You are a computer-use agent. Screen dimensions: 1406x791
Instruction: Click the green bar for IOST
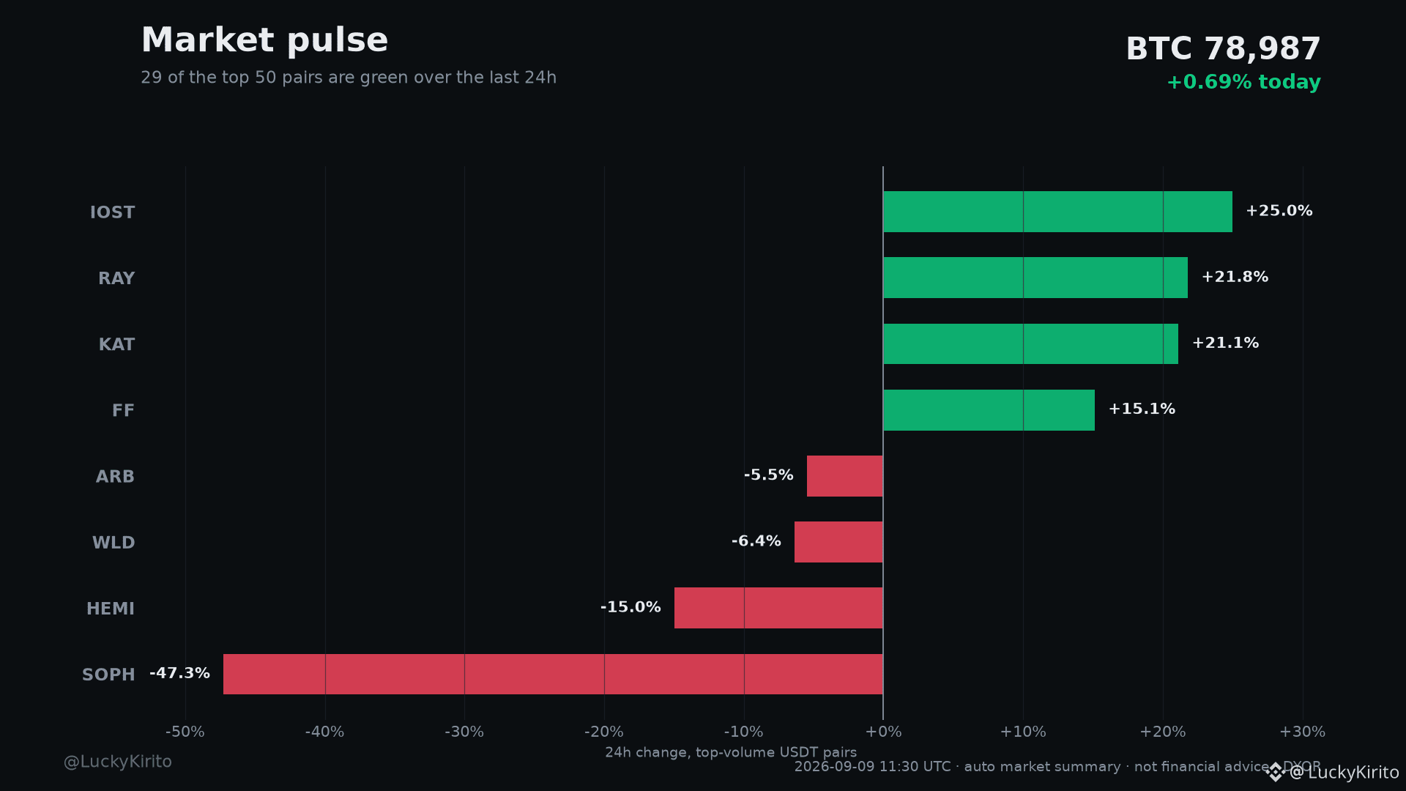pos(1057,212)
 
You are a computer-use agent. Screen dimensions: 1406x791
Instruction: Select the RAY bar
pos(1035,278)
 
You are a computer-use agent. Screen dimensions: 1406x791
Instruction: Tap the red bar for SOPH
pos(553,674)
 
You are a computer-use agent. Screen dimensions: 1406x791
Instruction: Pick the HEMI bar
pos(778,608)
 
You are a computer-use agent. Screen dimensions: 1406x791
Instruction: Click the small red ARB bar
pos(845,476)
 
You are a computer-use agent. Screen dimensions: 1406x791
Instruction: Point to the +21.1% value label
pos(1225,343)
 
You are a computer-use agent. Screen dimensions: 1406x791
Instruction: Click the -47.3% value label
pos(179,673)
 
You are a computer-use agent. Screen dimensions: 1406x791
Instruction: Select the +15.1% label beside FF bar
pos(1142,409)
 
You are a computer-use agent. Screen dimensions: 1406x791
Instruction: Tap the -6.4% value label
pos(756,541)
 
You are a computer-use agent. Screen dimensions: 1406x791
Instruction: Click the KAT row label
pos(116,344)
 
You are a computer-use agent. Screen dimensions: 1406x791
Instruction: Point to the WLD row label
pos(114,543)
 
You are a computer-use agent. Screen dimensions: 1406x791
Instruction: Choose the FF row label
pos(123,410)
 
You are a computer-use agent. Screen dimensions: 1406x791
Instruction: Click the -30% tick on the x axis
pos(464,732)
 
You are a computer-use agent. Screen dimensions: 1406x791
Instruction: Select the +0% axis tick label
pos(883,732)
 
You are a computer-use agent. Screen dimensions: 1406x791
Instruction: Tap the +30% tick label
pos(1302,732)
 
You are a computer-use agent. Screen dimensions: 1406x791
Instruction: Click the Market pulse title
pos(264,40)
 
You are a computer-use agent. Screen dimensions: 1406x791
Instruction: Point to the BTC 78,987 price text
pos(1223,49)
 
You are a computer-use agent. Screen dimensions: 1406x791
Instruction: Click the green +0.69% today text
pos(1243,82)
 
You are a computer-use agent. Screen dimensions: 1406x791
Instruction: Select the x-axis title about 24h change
pos(731,752)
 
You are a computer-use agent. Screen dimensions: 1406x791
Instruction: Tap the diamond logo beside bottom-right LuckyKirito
pos(1276,772)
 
